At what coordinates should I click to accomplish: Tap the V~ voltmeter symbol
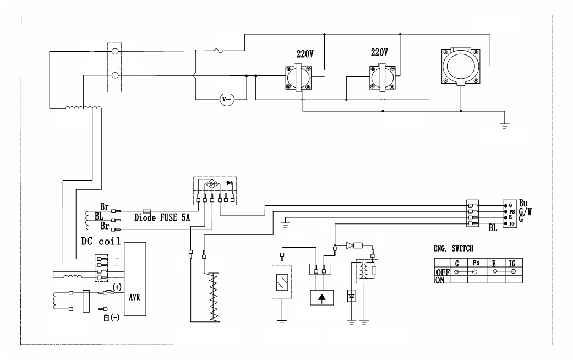(x=226, y=99)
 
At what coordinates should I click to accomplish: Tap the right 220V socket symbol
(x=382, y=78)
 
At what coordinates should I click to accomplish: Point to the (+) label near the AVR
(x=117, y=287)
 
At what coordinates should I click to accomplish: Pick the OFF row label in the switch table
(x=442, y=272)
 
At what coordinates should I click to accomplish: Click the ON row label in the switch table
(x=440, y=280)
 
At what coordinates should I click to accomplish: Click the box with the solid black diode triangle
(x=321, y=297)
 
